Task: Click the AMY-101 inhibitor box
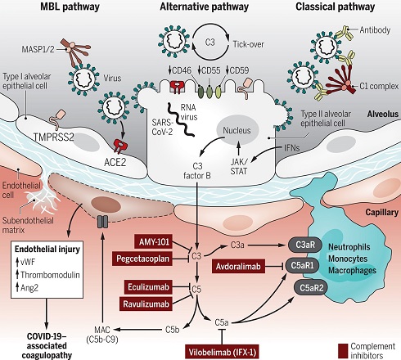tap(153, 242)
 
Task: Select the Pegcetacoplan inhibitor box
tap(142, 259)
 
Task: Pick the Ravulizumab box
tap(146, 304)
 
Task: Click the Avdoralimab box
tap(238, 266)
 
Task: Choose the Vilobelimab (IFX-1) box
tap(222, 352)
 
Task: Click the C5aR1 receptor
tap(302, 265)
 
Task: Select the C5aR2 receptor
tap(311, 287)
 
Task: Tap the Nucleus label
tap(237, 130)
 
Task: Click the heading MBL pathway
tap(70, 7)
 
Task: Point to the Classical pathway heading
tap(335, 7)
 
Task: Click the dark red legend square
tap(343, 351)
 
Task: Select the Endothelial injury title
tap(47, 249)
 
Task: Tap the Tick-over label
tap(248, 44)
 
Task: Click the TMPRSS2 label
tap(54, 137)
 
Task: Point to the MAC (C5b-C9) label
tap(102, 335)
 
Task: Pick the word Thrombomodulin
tap(50, 275)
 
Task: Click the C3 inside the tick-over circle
tap(210, 43)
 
